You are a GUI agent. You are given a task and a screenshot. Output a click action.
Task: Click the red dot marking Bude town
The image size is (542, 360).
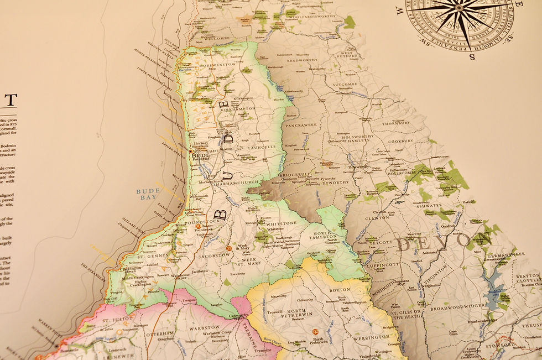click(x=190, y=150)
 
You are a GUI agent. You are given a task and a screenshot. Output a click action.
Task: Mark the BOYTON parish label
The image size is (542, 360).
click(x=340, y=289)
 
